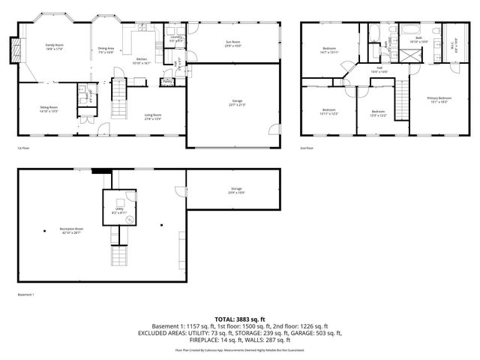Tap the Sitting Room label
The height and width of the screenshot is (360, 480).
tap(49, 109)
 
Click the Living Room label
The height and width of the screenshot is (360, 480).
tap(153, 116)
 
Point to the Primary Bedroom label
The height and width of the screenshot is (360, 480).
tap(439, 99)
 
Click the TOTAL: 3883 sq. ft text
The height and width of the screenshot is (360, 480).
tap(240, 319)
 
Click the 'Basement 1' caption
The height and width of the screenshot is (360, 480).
tap(25, 295)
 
